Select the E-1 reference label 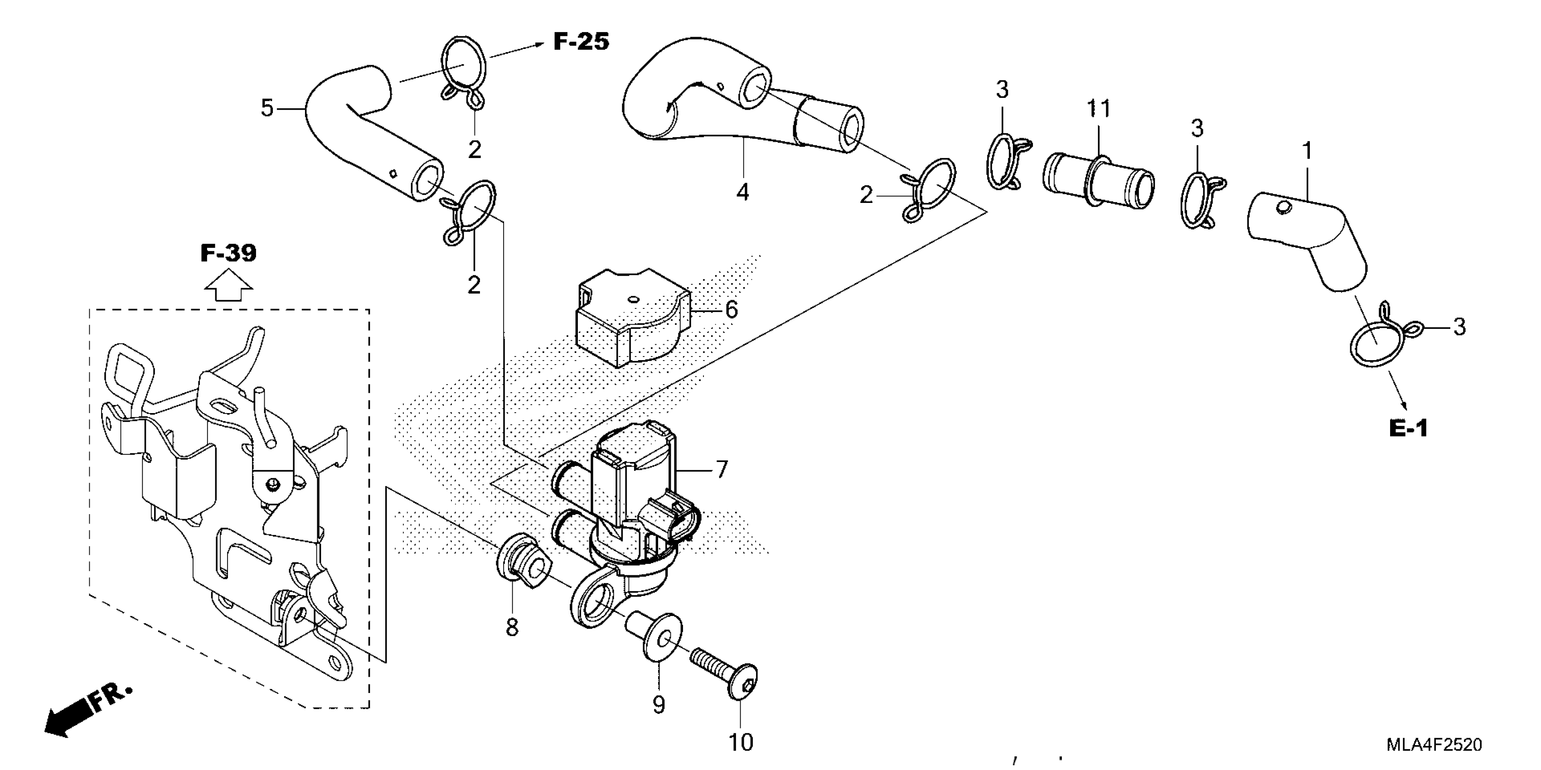coord(1408,428)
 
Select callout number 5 coord(267,108)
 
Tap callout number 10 coord(741,742)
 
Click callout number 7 coord(722,469)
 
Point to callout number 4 coord(742,192)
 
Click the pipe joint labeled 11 coord(1098,181)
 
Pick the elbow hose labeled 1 coord(1310,239)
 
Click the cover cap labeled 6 coord(631,320)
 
